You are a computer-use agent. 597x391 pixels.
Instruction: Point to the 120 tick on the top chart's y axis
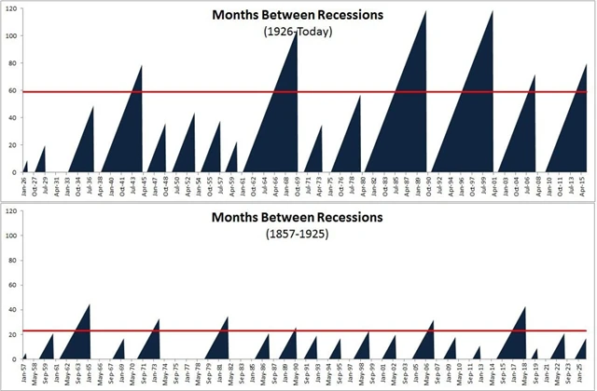point(9,9)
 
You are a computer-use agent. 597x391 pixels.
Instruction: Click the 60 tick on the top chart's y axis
point(11,91)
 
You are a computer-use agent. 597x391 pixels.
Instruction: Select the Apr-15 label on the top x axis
point(584,184)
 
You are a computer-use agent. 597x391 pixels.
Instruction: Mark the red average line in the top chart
point(187,92)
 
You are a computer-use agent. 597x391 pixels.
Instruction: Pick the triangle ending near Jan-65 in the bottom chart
point(78,340)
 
